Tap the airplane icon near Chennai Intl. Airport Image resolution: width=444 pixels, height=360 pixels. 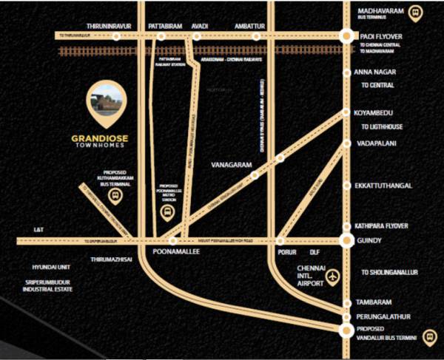tap(333, 276)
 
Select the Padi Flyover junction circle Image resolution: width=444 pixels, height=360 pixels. tap(346, 35)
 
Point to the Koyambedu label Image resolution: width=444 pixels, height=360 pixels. tap(380, 112)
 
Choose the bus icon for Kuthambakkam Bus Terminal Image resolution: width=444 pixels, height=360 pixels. tap(115, 197)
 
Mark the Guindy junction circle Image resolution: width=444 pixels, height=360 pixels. tap(346, 240)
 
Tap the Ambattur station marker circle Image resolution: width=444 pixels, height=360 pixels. tap(257, 35)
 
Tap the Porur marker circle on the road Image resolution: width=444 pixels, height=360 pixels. tap(280, 241)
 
